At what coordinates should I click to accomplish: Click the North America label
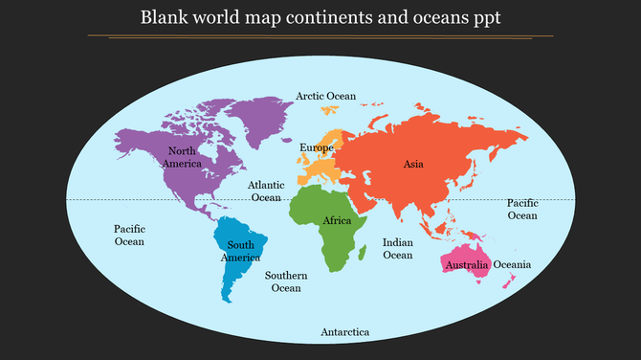click(x=182, y=157)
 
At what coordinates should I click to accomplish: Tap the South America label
click(x=240, y=251)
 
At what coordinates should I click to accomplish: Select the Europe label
click(x=316, y=147)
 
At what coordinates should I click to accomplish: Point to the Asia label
click(x=413, y=164)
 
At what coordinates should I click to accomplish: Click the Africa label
click(x=337, y=221)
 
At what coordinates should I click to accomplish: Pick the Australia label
click(x=468, y=264)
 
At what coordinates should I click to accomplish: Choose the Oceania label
click(x=512, y=264)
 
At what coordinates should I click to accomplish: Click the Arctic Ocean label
click(x=325, y=96)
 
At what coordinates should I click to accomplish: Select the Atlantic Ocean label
click(x=266, y=191)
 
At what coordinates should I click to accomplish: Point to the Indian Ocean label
click(x=397, y=249)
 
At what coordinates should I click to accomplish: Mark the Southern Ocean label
click(x=286, y=281)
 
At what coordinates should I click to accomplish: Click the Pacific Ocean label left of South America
click(x=129, y=235)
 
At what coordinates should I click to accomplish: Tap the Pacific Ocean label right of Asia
click(x=522, y=209)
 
